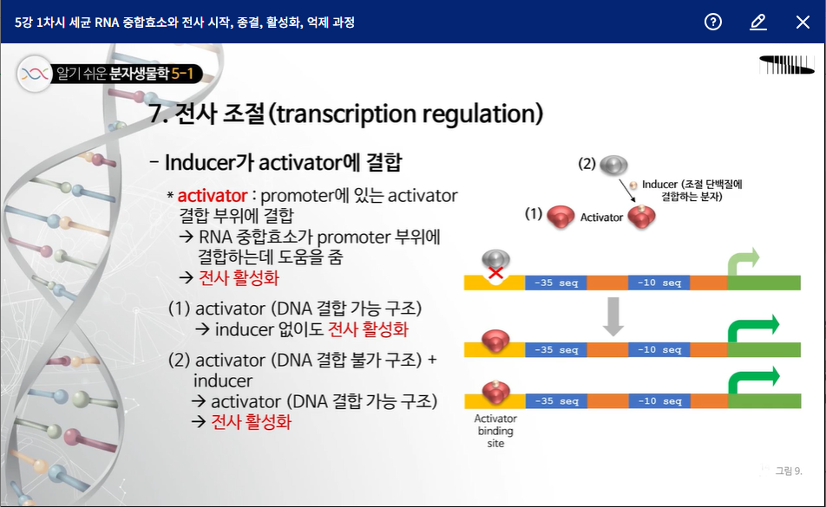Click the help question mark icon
(712, 22)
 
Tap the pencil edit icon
(758, 22)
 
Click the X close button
(803, 22)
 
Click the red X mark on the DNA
(495, 272)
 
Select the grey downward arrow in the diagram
(613, 316)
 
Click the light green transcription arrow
(744, 262)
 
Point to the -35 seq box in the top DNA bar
(556, 283)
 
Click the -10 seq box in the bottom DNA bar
(659, 401)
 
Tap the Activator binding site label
(495, 431)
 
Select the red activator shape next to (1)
(560, 216)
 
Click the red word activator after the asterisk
(213, 196)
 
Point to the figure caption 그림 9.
(788, 471)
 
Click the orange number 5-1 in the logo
(182, 74)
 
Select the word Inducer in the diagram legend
(659, 184)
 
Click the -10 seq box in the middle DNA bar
(659, 350)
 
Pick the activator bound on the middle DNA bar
(495, 341)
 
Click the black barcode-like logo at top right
(786, 65)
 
